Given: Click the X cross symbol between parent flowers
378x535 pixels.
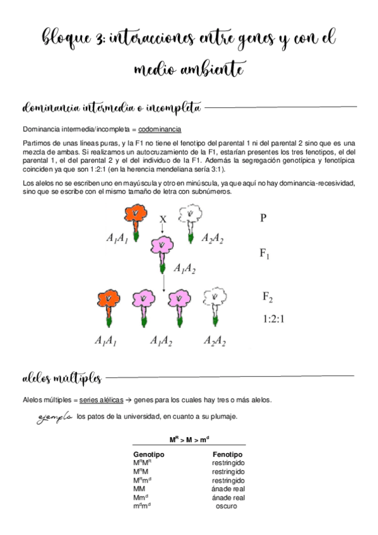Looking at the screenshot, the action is pos(162,219).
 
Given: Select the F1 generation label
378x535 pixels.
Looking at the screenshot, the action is pos(265,255).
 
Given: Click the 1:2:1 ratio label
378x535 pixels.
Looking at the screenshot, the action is pos(273,319).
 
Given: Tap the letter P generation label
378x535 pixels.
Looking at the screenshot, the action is pos(263,218).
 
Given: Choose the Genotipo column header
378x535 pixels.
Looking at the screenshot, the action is pos(149,454).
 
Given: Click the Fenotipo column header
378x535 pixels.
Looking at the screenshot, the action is pos(228,454).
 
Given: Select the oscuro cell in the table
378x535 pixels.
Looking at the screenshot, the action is pos(226,506).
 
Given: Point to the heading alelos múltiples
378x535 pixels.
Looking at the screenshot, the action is pos(61,378).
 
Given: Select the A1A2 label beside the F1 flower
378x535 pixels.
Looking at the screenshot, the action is pos(184,269).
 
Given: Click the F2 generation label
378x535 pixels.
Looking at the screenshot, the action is pos(267,297).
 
